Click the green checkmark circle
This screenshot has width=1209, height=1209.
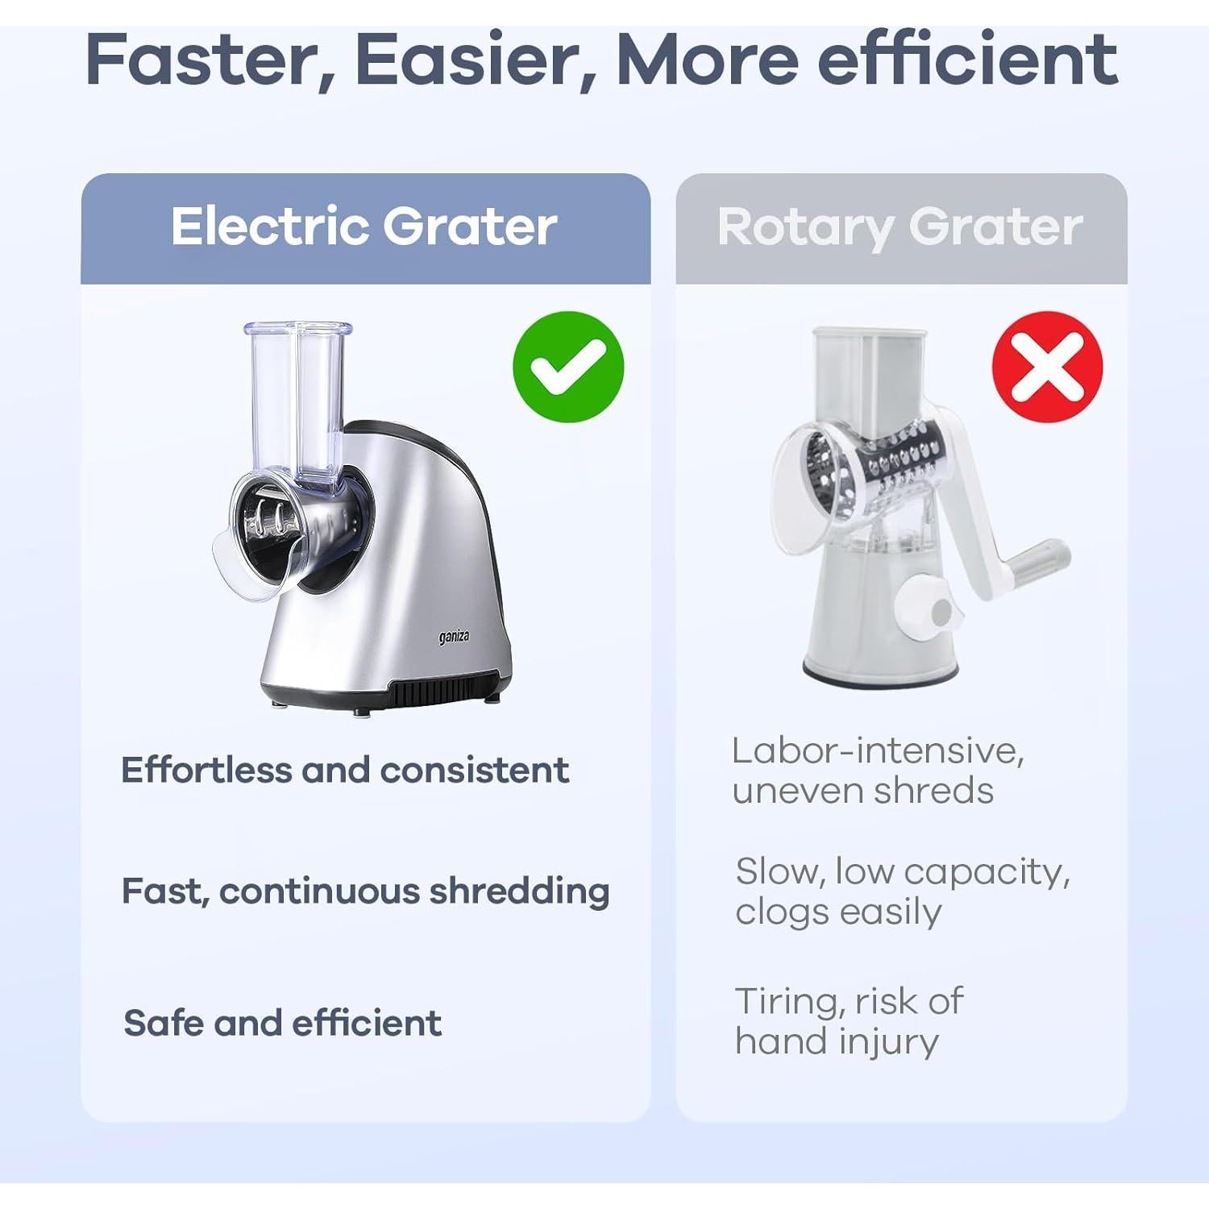pyautogui.click(x=568, y=367)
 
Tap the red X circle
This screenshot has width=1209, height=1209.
pyautogui.click(x=1047, y=368)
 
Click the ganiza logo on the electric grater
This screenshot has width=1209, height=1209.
pyautogui.click(x=454, y=638)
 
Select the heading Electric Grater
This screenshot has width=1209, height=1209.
pyautogui.click(x=364, y=226)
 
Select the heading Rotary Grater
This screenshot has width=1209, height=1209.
pyautogui.click(x=899, y=226)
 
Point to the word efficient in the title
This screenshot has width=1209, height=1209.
pyautogui.click(x=967, y=60)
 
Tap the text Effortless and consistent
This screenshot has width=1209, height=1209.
pyautogui.click(x=345, y=771)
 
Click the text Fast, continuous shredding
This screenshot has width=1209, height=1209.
pyautogui.click(x=365, y=891)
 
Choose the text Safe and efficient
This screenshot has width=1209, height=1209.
pyautogui.click(x=282, y=1023)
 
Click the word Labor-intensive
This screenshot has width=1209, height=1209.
pyautogui.click(x=878, y=751)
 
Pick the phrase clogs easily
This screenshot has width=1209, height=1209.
pyautogui.click(x=838, y=912)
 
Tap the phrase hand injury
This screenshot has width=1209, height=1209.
pyautogui.click(x=837, y=1041)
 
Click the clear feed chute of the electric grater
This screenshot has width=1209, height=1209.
pyautogui.click(x=300, y=395)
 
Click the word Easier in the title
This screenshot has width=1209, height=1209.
pyautogui.click(x=476, y=60)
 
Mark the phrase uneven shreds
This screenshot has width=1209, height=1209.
pyautogui.click(x=862, y=791)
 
